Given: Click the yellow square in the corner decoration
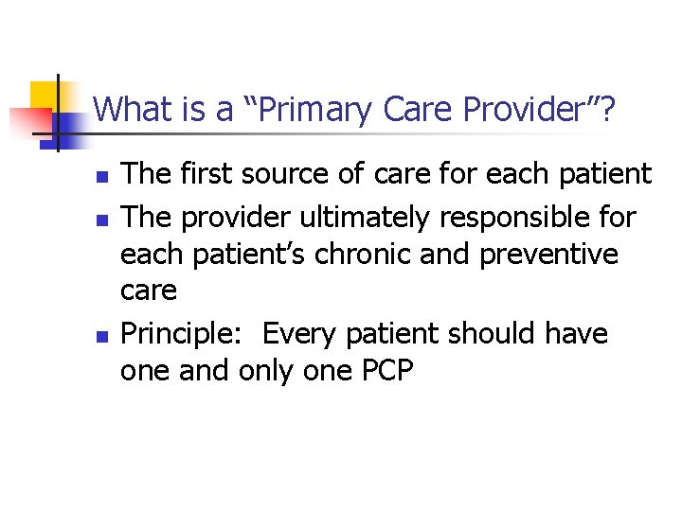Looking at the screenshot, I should click(45, 96).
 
